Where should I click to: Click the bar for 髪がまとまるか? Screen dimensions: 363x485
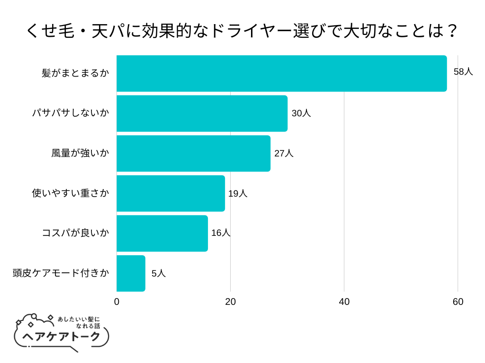tap(281, 73)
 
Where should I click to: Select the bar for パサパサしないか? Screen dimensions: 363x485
tap(202, 113)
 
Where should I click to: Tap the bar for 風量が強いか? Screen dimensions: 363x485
tap(193, 154)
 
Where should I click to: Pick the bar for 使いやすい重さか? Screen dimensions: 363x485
tap(171, 193)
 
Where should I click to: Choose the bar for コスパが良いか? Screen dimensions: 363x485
tap(162, 233)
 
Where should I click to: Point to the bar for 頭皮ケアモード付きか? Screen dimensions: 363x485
tap(131, 273)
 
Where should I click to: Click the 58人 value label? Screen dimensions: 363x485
tap(463, 72)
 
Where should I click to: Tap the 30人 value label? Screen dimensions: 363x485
tap(301, 113)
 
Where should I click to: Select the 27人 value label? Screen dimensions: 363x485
tap(284, 154)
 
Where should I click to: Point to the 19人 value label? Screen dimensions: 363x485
tap(238, 193)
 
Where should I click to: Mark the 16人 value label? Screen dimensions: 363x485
tap(221, 233)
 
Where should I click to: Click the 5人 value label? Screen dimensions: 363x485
tap(159, 273)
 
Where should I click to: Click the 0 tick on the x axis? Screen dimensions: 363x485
tap(117, 302)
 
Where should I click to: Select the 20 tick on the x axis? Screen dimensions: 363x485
tap(230, 302)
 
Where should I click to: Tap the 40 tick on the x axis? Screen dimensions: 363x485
tap(344, 302)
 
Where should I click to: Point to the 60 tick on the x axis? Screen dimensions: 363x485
tap(458, 302)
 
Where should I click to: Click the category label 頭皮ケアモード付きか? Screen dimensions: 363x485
tap(61, 273)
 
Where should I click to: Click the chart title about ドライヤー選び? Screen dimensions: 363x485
tap(242, 31)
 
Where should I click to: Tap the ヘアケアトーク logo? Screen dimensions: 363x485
tap(62, 333)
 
